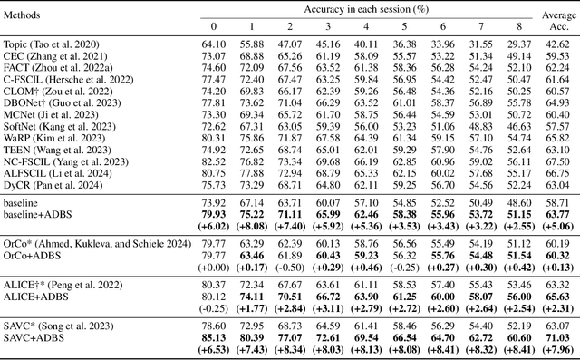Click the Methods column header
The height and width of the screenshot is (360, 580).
(28, 16)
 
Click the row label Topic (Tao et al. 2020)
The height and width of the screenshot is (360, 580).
(54, 44)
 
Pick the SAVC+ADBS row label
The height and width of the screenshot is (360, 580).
(34, 336)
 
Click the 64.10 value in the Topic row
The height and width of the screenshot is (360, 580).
(214, 44)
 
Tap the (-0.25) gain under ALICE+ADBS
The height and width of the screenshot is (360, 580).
(214, 308)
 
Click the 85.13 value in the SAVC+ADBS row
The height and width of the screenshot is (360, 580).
(214, 336)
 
